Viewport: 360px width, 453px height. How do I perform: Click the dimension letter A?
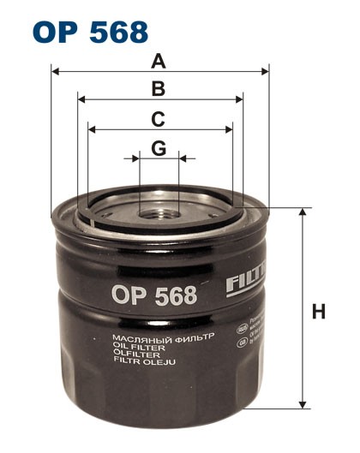click(158, 61)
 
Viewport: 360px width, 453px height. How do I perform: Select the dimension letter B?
click(158, 88)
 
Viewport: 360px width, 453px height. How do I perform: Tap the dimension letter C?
click(158, 118)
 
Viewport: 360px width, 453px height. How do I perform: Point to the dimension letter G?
click(158, 148)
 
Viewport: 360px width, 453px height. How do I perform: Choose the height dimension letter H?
click(319, 312)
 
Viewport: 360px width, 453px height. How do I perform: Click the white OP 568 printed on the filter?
click(153, 295)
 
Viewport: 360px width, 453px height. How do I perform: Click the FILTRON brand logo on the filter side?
click(248, 282)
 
